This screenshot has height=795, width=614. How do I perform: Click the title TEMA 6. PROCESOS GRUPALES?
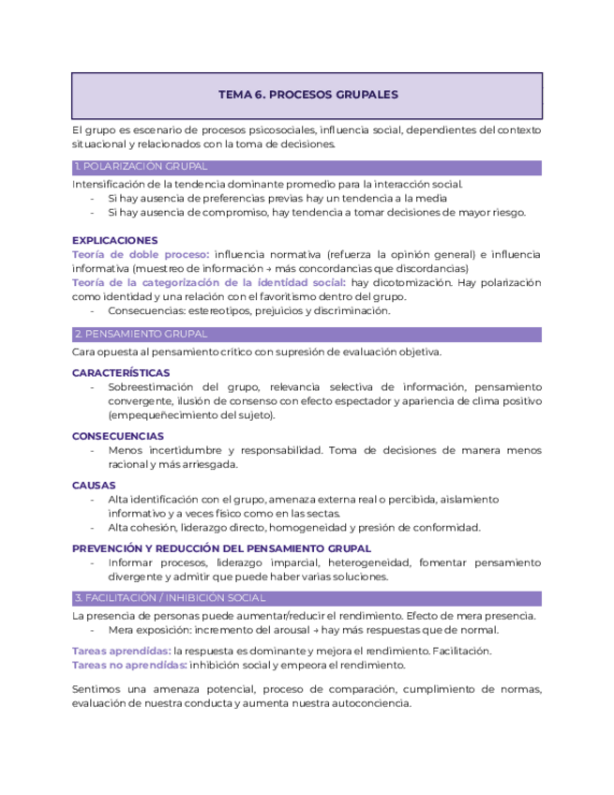pyautogui.click(x=307, y=95)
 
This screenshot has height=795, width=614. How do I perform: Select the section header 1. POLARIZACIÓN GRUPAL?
pyautogui.click(x=140, y=168)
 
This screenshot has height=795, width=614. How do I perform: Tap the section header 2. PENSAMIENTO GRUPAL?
pyautogui.click(x=140, y=335)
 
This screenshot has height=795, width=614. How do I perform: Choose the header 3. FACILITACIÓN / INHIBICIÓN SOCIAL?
pyautogui.click(x=169, y=598)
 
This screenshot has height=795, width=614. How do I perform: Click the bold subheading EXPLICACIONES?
pyautogui.click(x=114, y=240)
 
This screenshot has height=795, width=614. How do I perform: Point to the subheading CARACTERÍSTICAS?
pyautogui.click(x=121, y=373)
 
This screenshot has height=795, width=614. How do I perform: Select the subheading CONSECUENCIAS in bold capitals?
pyautogui.click(x=118, y=436)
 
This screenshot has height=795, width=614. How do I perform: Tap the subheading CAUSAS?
pyautogui.click(x=94, y=486)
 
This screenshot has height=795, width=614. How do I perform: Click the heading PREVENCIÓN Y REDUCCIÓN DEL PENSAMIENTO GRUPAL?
pyautogui.click(x=221, y=548)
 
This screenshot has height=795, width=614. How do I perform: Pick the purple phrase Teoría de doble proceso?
pyautogui.click(x=140, y=254)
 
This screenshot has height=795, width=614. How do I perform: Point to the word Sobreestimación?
pyautogui.click(x=150, y=387)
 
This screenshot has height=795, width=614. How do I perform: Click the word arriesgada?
pyautogui.click(x=211, y=464)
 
